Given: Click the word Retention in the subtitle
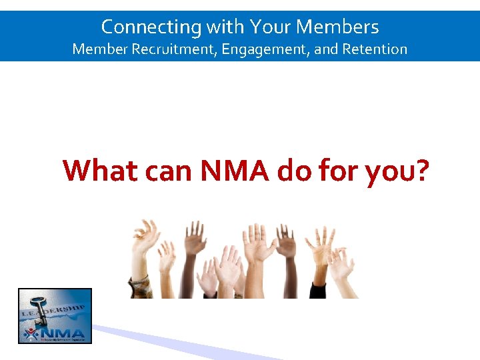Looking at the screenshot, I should tap(375, 49).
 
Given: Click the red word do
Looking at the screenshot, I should tap(294, 171).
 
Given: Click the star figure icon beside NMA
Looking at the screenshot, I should tap(31, 333).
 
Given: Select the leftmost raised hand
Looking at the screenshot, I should tap(145, 237).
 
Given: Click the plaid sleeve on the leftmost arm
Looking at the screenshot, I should tap(140, 287).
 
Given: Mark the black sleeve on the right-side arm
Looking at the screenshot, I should tap(318, 291).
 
